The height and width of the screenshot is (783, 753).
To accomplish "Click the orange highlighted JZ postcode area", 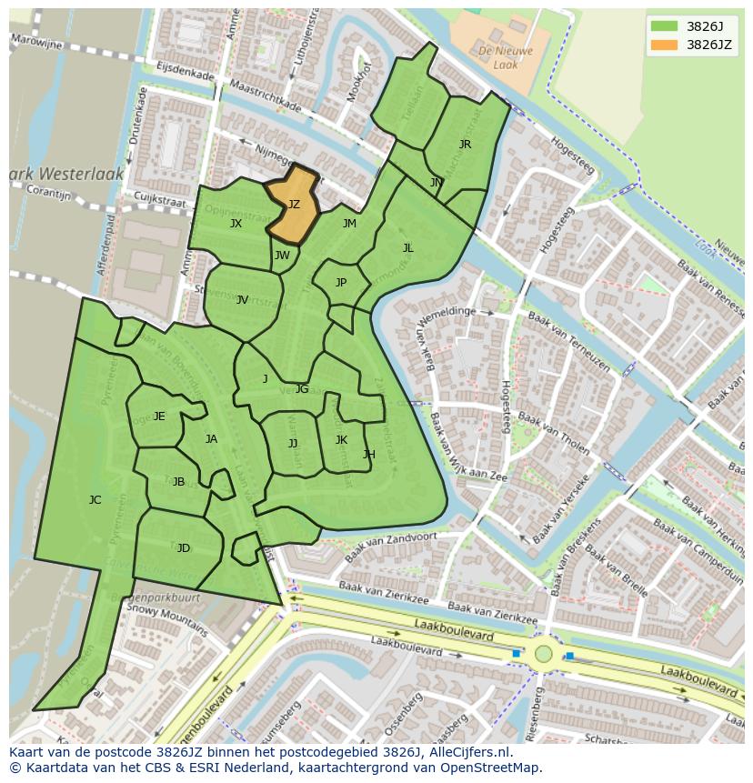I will [294, 205].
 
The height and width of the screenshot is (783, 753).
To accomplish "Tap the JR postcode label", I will [465, 145].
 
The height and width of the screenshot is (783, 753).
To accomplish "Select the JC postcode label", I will [95, 500].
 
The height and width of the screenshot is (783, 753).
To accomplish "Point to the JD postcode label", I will [184, 548].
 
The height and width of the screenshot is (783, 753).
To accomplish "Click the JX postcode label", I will [236, 224].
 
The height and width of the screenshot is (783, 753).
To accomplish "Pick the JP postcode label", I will [341, 283].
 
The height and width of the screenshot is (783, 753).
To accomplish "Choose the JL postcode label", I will [408, 247].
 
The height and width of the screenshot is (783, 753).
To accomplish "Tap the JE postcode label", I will [159, 417].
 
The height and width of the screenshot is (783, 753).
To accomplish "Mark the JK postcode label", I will [341, 440].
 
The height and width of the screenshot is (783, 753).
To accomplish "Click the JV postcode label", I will [242, 300].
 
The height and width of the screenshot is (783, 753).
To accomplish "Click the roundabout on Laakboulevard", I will [544, 653].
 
